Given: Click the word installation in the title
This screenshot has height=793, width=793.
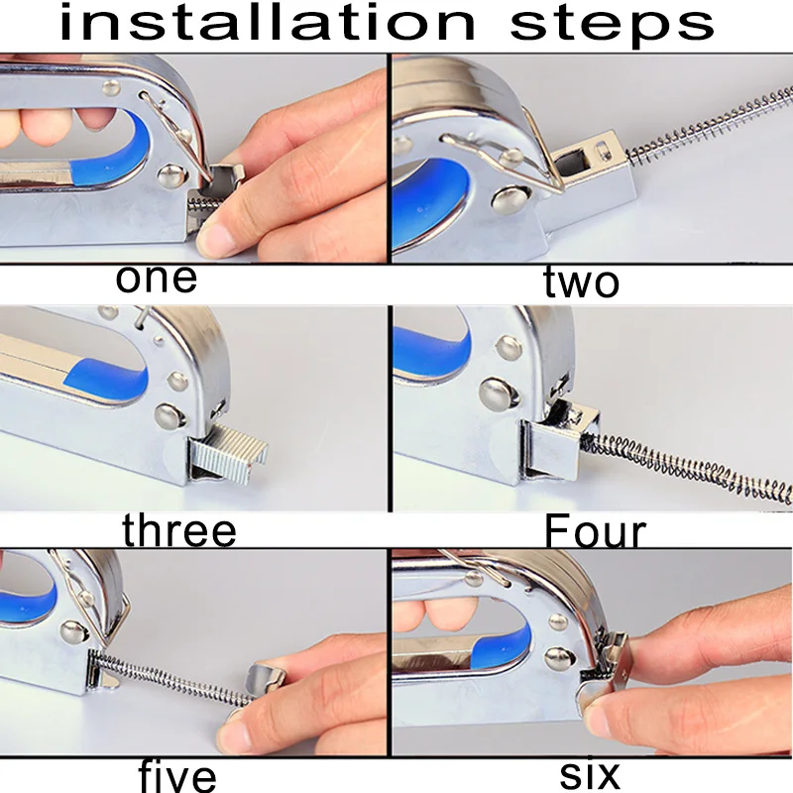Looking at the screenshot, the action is [x=268, y=23].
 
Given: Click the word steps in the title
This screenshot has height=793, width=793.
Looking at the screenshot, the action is [x=612, y=27].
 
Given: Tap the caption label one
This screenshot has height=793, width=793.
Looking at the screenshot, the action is [x=157, y=279].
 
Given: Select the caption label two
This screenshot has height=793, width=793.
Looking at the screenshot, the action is [x=581, y=281].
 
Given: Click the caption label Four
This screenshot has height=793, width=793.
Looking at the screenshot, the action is [x=596, y=531].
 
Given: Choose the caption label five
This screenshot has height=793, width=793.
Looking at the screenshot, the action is [x=177, y=774].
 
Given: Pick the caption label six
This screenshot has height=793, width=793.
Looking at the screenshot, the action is [x=590, y=773].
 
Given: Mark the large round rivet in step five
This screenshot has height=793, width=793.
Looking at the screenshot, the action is [x=74, y=632].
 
